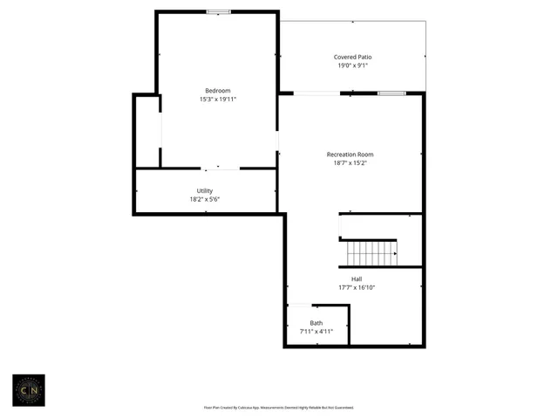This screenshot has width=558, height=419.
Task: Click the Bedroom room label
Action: pos(218,91)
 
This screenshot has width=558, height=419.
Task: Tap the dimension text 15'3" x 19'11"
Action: pos(218,100)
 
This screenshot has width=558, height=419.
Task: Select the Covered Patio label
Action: pos(353,57)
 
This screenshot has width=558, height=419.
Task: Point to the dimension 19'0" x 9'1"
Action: pos(353,65)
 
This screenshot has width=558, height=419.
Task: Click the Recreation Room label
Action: pos(350,154)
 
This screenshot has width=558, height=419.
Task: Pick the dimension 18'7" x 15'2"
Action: pos(350,162)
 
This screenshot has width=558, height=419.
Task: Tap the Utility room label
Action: pos(205,190)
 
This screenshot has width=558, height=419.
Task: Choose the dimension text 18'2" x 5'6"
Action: pos(205,199)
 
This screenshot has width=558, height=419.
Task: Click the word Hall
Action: pos(357,279)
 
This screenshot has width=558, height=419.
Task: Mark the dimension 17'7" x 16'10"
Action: pos(357,288)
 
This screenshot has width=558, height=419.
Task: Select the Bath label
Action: pos(316,323)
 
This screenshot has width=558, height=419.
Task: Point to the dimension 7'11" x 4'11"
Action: pos(316,332)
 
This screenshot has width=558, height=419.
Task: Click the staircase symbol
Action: pos(371,253)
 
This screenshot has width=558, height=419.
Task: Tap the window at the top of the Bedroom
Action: pos(218,11)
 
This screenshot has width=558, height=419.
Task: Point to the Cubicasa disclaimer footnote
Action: pos(279,407)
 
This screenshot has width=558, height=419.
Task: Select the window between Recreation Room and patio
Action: pos(391,93)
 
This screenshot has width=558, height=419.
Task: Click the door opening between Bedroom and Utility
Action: pos(221,168)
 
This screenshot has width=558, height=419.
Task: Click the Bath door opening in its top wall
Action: pos(299,306)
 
